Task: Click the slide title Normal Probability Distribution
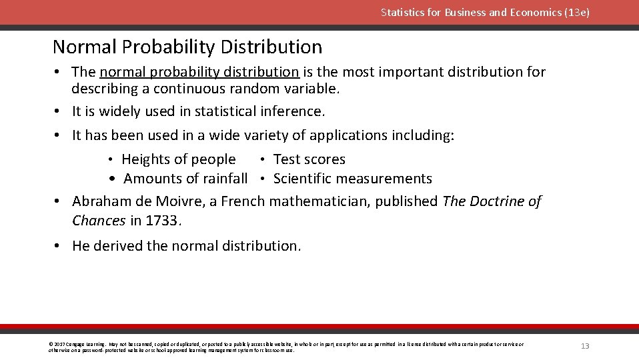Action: coord(187,47)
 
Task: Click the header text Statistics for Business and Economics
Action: coord(485,13)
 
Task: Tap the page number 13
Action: coord(585,346)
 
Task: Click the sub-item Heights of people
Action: coord(178,159)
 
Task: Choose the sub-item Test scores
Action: coord(309,159)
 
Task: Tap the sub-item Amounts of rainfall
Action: coord(185,179)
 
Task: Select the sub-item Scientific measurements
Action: coord(352,179)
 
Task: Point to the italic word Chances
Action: coord(99,221)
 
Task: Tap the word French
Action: coord(243,201)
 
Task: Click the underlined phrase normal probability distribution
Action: coord(199,72)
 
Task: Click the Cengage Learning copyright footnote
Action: coord(287,347)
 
